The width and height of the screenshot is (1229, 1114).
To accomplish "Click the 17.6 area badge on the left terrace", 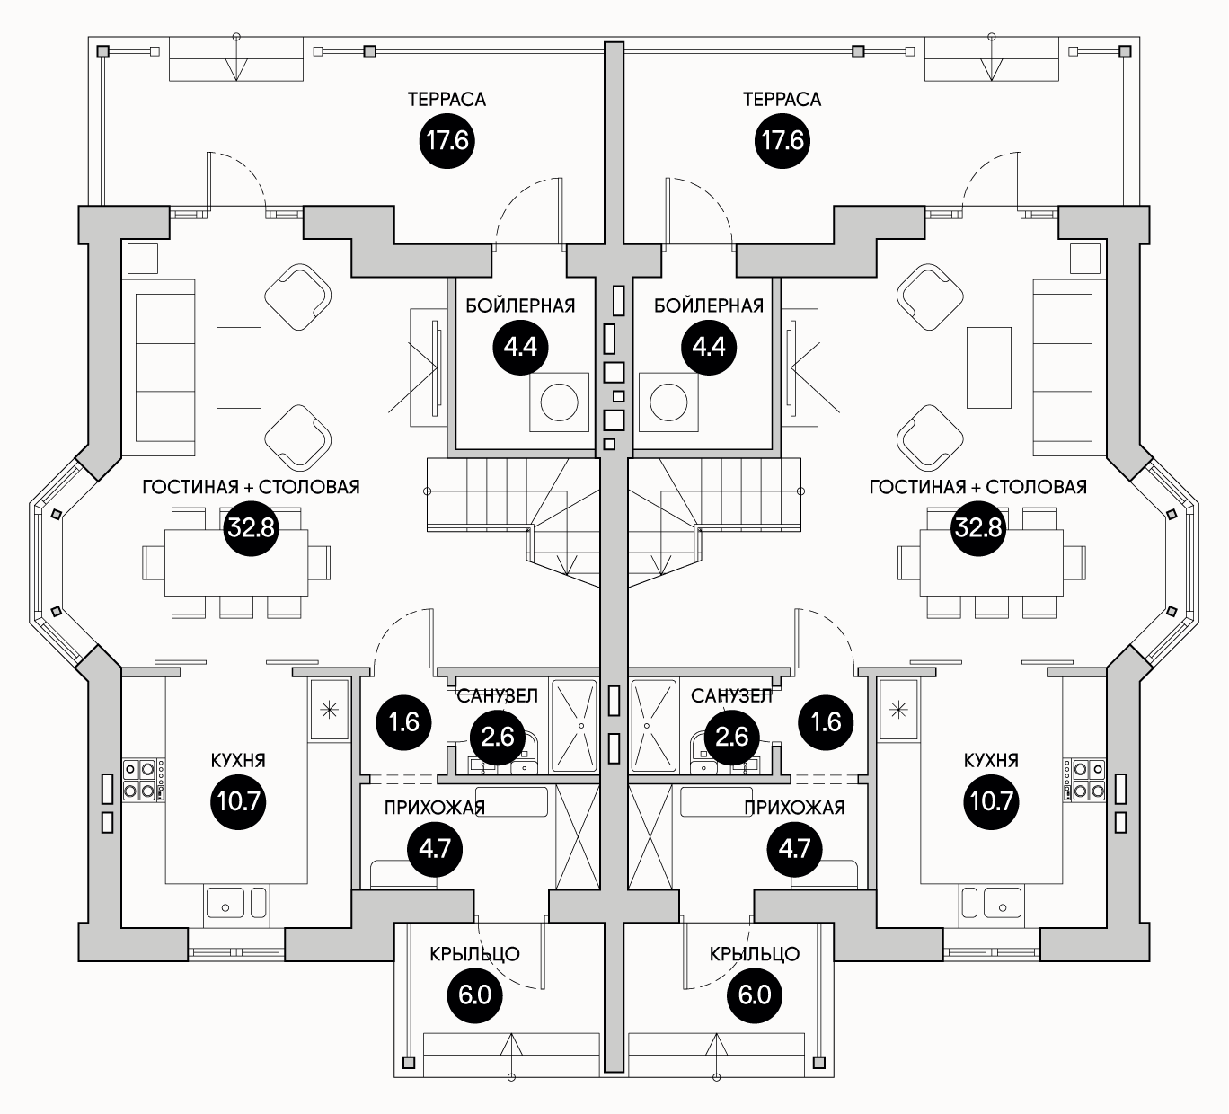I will (x=447, y=141).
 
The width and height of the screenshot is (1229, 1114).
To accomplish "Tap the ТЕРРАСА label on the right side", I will (x=782, y=99).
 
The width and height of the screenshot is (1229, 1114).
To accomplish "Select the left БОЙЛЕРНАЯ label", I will (x=520, y=305).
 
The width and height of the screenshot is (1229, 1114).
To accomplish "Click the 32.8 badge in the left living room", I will (x=251, y=527).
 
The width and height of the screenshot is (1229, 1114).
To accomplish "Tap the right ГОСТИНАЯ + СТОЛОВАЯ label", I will (x=977, y=487).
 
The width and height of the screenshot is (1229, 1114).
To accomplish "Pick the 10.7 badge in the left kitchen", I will (x=237, y=800).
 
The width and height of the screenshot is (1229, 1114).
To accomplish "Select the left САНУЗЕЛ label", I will (x=497, y=696).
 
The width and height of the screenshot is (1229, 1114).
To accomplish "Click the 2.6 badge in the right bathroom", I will (x=731, y=738).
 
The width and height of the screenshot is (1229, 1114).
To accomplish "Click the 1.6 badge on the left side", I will (x=405, y=721).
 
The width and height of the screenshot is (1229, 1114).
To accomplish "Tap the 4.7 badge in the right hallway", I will (x=794, y=848).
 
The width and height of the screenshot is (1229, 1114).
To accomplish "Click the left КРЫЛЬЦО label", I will (x=474, y=954).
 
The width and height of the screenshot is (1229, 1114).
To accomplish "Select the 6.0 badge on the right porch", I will (x=754, y=995).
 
